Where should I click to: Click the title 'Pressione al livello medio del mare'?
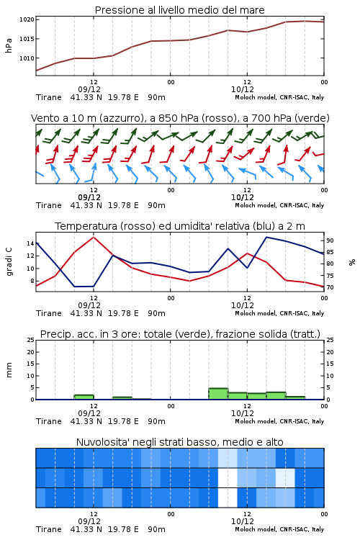click(179, 10)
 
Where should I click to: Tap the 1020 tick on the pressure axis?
click(27, 19)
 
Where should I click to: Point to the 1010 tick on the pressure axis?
click(27, 58)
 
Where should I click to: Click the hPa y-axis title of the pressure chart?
click(9, 45)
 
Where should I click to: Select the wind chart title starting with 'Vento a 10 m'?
click(180, 118)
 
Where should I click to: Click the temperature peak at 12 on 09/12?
click(94, 237)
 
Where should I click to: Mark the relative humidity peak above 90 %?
click(266, 237)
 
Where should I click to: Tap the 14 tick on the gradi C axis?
click(30, 243)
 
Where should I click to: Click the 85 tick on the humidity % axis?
click(330, 252)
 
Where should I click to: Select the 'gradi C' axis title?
click(9, 262)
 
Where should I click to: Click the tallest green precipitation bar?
click(218, 394)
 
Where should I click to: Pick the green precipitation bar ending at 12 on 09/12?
click(84, 397)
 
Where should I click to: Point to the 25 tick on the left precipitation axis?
click(30, 340)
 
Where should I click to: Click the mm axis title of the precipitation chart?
click(9, 370)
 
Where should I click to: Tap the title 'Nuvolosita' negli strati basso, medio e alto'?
click(179, 442)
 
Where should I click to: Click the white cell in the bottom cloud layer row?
click(228, 498)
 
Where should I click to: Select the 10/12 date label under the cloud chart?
click(243, 521)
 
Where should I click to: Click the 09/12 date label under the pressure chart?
click(89, 89)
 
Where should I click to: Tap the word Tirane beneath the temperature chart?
click(48, 313)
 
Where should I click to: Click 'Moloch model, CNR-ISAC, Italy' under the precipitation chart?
click(279, 421)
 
